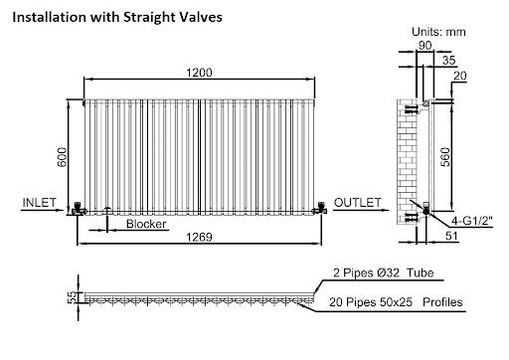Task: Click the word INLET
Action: pos(38,203)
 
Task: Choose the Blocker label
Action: pos(146,225)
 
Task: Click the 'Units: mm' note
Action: pos(439,31)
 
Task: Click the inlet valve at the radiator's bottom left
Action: pos(79,209)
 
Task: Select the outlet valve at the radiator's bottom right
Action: pos(321,208)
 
